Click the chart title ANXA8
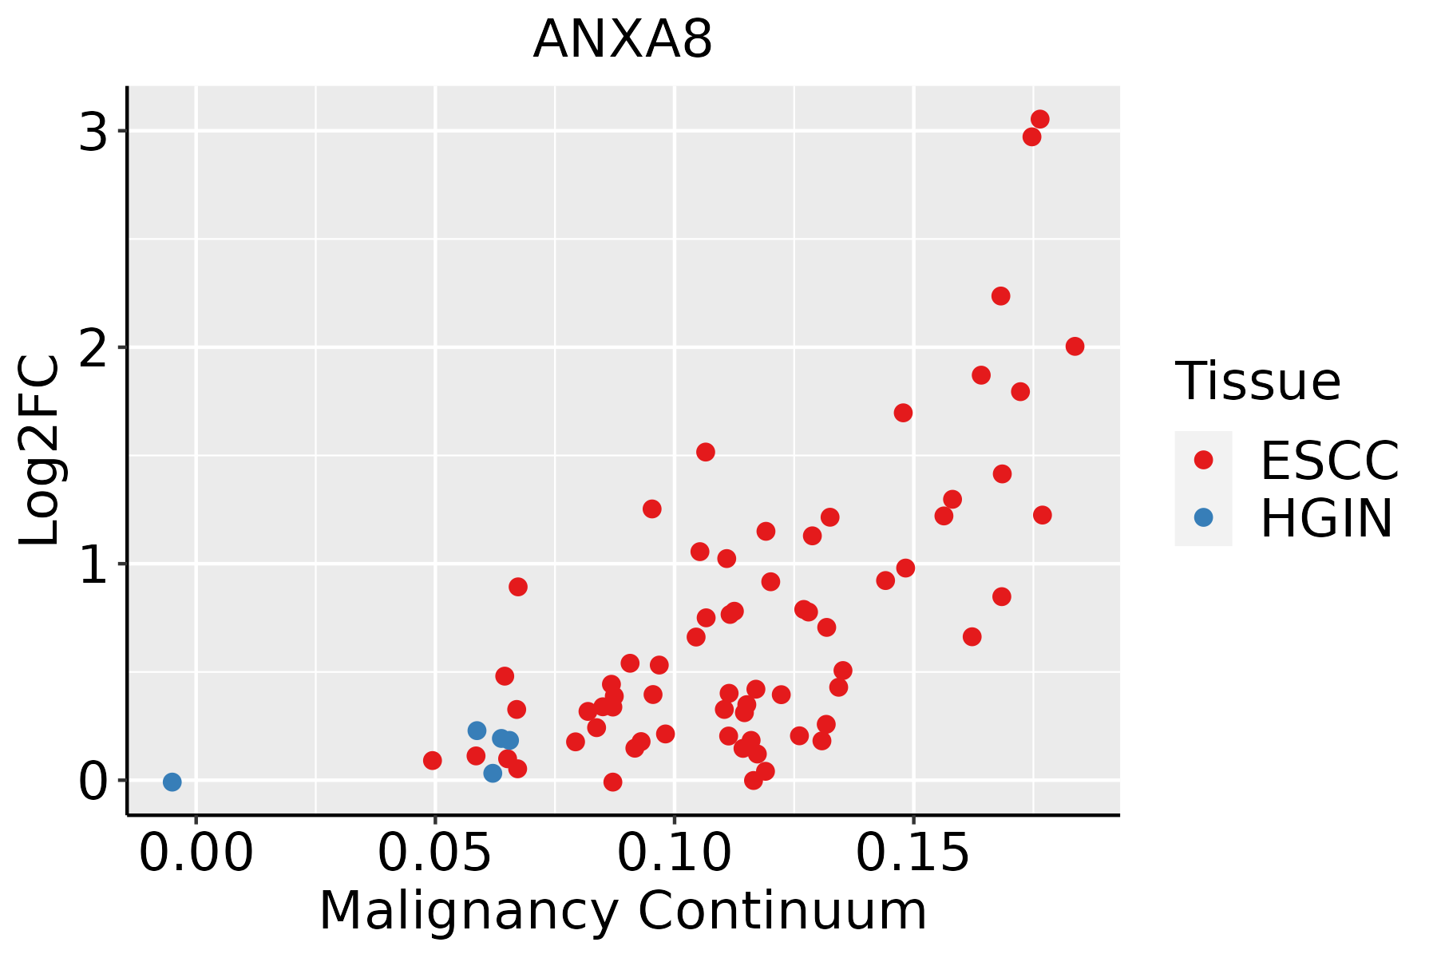pos(623,40)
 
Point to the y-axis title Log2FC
pos(40,451)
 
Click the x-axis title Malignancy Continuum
pos(623,912)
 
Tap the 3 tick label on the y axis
pos(93,131)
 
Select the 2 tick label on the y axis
pos(93,347)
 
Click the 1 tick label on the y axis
pos(93,564)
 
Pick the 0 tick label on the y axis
pos(93,781)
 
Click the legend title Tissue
pos(1258,382)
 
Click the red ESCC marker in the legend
pos(1203,460)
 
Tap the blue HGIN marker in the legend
pos(1203,517)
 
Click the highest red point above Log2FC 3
pos(1039,119)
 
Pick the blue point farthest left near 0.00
pos(172,782)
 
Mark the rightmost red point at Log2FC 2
pos(1075,346)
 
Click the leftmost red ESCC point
pos(433,760)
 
